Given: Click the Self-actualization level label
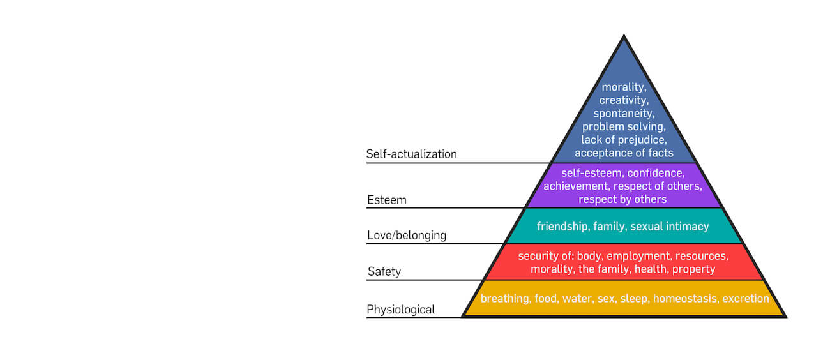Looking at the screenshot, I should (411, 154).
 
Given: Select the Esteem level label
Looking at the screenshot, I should (386, 200).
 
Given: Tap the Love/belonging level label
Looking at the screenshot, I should (406, 236).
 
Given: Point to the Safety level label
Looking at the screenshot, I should (384, 272).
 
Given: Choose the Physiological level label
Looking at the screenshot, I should (400, 310).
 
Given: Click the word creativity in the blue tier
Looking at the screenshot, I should (624, 100).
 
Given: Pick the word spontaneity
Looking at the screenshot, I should (624, 113).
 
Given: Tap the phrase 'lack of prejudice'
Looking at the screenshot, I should (624, 139).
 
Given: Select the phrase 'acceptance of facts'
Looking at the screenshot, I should (624, 153).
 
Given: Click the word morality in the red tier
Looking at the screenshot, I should (552, 269).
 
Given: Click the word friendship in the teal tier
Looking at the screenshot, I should (562, 226).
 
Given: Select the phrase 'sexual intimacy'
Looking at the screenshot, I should (670, 226).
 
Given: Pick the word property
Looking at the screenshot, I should (693, 269).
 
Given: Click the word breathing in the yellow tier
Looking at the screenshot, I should (504, 298).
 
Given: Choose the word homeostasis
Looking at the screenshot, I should (684, 298).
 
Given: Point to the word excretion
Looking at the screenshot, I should (746, 298).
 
